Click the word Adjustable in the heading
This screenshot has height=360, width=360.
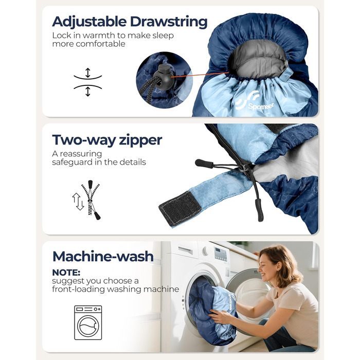coord(89,22)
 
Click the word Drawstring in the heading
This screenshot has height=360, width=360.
coord(169,22)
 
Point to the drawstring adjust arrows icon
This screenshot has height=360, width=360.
coord(88,82)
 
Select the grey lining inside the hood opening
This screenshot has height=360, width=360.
coord(259,62)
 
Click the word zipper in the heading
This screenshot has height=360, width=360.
coord(140,140)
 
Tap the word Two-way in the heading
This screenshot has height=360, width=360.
coord(84,140)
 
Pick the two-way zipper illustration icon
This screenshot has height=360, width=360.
coord(87,200)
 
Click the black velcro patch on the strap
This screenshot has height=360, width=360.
coord(180,208)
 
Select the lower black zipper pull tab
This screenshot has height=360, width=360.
coord(259,210)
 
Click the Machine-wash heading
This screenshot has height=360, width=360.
coord(103,257)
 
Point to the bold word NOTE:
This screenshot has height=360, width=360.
coord(66,273)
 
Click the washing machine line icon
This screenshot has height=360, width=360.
coord(88,322)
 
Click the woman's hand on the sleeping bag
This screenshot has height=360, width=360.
coord(219,316)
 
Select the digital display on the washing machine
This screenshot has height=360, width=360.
coord(221,255)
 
